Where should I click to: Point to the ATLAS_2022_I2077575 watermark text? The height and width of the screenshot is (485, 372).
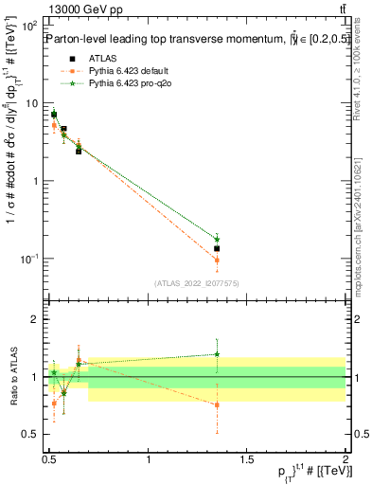[x=197, y=282]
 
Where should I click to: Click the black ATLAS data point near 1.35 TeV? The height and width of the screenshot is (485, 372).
[x=217, y=248]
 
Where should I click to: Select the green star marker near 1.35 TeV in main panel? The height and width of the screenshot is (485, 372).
[x=217, y=240]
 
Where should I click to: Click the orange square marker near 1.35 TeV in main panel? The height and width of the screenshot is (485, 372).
[x=217, y=260]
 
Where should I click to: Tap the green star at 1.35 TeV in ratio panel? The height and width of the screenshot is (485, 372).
[x=217, y=354]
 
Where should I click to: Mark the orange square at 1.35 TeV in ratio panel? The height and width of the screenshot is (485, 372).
[x=217, y=404]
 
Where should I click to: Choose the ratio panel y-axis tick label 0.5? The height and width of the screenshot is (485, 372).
[x=33, y=435]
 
